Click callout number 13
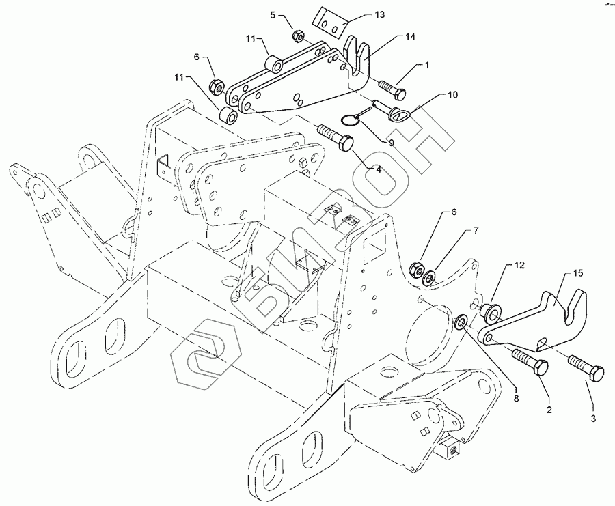[x=380, y=15]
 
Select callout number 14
[x=410, y=37]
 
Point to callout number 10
[x=452, y=95]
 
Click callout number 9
[x=392, y=143]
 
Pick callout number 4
[x=379, y=170]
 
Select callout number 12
[x=519, y=266]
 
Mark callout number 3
[x=593, y=419]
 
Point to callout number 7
[x=476, y=230]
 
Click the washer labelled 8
[x=460, y=322]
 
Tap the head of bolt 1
[x=400, y=94]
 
